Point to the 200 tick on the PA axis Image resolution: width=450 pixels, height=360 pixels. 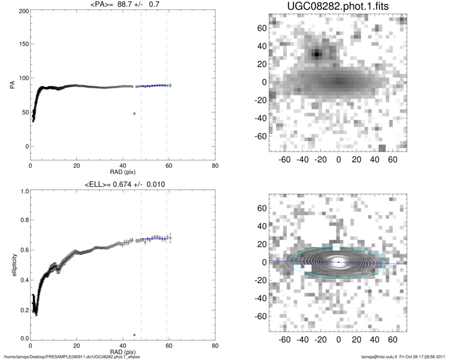tap(22, 11)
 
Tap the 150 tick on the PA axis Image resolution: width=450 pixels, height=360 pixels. tap(22, 45)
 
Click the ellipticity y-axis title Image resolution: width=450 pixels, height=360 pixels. tap(12, 265)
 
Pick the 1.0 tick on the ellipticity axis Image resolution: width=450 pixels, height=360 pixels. tap(23, 191)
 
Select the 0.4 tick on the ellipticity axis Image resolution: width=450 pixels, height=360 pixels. tap(23, 280)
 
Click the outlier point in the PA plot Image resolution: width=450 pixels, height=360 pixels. tap(134, 113)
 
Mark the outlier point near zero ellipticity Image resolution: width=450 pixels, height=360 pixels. tap(134, 335)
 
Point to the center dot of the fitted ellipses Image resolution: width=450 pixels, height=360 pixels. tap(339, 262)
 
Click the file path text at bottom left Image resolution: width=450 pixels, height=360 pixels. tap(72, 357)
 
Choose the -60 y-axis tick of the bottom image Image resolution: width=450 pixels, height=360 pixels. tap(261, 316)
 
